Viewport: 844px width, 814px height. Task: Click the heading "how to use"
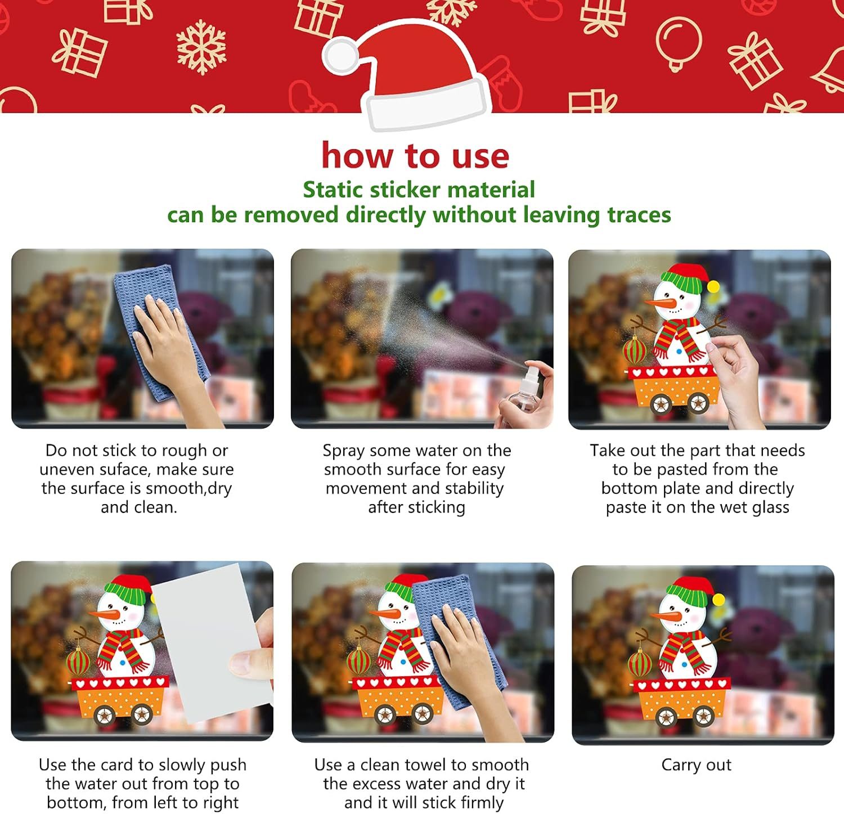point(415,156)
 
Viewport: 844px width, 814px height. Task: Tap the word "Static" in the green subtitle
point(333,190)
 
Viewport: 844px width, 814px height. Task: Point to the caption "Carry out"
point(696,765)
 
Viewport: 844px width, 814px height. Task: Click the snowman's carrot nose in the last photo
point(666,616)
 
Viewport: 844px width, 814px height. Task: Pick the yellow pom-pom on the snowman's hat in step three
point(713,287)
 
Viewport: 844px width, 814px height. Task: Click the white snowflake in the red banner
point(201,47)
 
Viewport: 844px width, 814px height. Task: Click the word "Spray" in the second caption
point(343,451)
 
